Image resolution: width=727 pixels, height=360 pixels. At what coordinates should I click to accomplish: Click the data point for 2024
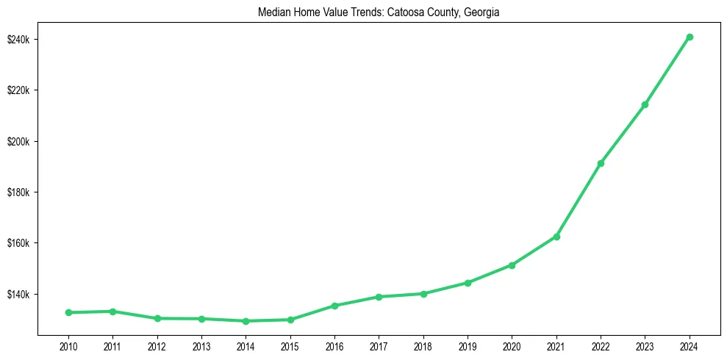tap(690, 37)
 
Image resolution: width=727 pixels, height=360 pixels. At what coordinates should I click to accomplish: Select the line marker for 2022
tap(601, 163)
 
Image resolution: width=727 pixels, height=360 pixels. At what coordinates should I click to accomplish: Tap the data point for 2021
tap(556, 237)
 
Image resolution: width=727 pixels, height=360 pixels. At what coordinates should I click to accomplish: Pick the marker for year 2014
tap(246, 321)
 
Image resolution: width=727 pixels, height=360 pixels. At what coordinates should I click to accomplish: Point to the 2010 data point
tap(68, 312)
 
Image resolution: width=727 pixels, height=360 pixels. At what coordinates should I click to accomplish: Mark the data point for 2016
tap(334, 306)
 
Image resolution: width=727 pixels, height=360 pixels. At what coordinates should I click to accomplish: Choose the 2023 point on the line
tap(645, 104)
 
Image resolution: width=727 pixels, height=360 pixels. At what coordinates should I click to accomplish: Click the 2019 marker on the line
tap(468, 283)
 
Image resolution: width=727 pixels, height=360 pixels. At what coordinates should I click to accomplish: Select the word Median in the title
tap(273, 12)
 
